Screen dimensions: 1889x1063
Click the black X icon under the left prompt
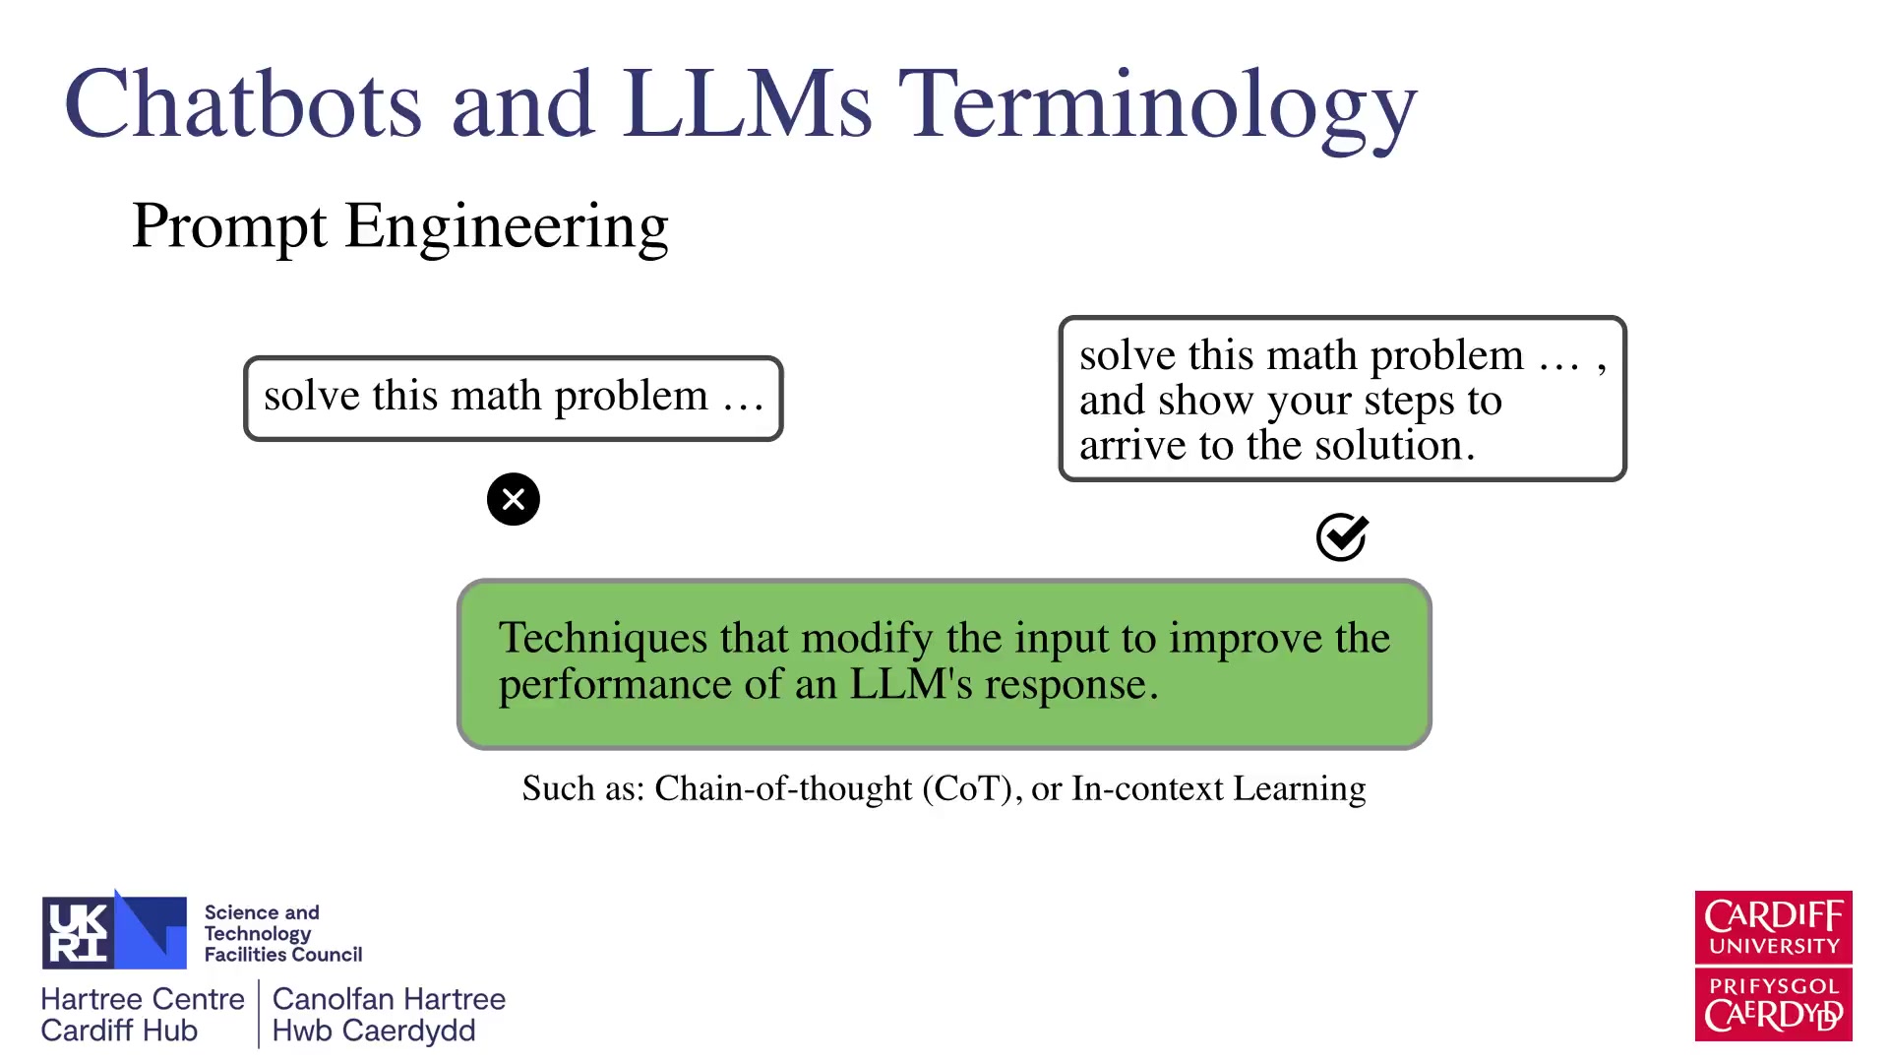[514, 499]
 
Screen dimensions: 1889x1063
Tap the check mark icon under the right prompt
[1343, 536]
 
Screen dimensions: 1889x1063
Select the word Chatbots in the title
[243, 102]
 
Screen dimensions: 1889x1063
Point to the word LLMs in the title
[747, 103]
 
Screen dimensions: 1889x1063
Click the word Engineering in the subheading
[507, 227]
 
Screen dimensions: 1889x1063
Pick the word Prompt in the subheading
[228, 227]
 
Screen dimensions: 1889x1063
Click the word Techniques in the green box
[603, 639]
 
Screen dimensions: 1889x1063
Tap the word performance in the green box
[615, 685]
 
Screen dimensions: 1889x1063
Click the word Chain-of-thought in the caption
[783, 788]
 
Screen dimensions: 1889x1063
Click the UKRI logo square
[114, 930]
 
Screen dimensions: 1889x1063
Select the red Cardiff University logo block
[1774, 927]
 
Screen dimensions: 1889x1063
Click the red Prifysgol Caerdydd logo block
[1774, 1005]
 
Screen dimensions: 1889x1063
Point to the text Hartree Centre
[143, 999]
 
